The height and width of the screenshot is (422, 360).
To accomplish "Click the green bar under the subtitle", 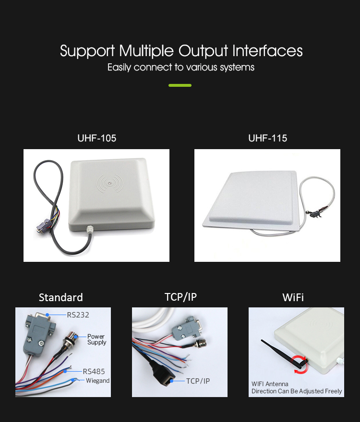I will coord(180,85).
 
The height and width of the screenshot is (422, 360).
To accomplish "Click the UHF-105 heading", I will coord(96,138).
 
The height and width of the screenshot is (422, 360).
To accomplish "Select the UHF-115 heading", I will coord(267,138).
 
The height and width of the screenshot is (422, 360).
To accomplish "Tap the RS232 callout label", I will coord(78,315).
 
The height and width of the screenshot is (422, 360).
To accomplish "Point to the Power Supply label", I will coord(96,340).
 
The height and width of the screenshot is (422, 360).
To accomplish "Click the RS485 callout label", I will coord(94,371).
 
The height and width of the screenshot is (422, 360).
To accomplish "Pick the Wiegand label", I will coord(97,381).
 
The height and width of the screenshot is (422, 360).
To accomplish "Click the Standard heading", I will coord(61,297).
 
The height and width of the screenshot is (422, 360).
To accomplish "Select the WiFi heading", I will coord(293,297).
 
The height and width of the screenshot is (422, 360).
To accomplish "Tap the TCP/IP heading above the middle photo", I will coord(180,297).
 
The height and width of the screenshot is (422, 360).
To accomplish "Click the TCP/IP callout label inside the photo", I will coord(198,381).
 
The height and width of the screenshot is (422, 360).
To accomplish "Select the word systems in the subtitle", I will coord(237,67).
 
